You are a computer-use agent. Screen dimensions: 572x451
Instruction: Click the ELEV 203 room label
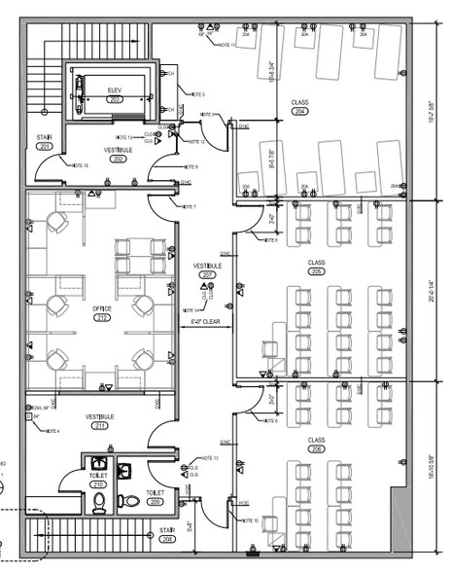[114, 93]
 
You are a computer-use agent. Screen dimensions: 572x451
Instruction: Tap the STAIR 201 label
[44, 142]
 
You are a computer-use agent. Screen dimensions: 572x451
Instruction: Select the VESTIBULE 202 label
[119, 154]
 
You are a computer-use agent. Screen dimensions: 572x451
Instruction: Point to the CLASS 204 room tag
[299, 106]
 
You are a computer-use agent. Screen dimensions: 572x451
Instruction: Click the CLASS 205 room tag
[316, 267]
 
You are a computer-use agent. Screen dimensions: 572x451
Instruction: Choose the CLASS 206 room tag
[316, 445]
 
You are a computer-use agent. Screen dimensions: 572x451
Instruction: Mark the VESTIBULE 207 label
[207, 269]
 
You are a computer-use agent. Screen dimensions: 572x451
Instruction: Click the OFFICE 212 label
[102, 313]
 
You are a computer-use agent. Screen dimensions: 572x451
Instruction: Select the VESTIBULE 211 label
[101, 420]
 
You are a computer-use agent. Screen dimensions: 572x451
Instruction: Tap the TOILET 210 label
[97, 480]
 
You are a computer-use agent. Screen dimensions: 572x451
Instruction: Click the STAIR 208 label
[167, 534]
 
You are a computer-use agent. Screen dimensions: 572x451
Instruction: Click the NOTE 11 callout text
[227, 45]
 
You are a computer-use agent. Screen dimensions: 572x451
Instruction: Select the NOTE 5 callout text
[196, 94]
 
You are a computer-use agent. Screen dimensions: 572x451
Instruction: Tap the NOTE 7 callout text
[188, 206]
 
